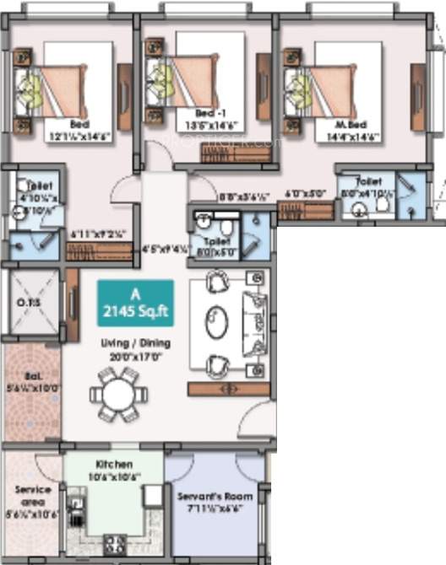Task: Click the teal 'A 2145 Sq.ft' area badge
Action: pos(135,303)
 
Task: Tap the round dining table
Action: pos(117,393)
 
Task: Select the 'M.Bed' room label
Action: pos(340,123)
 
